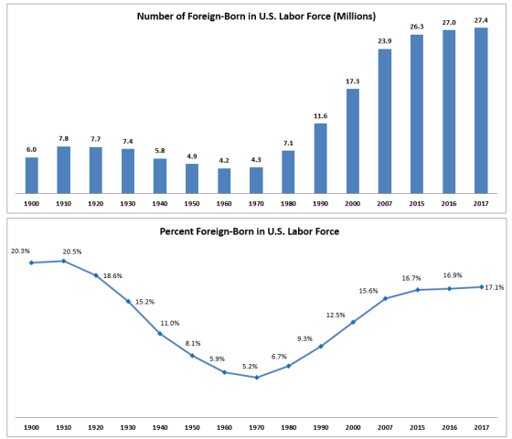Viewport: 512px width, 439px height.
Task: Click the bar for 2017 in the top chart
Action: coord(480,110)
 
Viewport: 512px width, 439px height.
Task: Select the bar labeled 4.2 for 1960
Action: coord(224,180)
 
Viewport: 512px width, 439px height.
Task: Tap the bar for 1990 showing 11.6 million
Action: coord(320,157)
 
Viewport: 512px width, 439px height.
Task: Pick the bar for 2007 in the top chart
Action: coord(384,120)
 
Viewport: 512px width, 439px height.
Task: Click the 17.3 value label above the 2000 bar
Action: coord(352,81)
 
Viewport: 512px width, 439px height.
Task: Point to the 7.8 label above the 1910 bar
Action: coord(63,140)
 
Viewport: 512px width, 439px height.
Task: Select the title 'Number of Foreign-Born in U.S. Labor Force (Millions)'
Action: coord(256,16)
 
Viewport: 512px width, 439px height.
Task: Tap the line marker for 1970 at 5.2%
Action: coord(256,378)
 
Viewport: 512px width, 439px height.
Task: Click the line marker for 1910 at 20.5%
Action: coord(63,261)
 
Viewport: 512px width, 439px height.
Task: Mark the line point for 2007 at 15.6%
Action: coord(384,298)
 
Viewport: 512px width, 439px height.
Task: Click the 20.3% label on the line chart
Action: coord(20,252)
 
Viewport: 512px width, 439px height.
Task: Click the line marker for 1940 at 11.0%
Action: coord(160,334)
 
